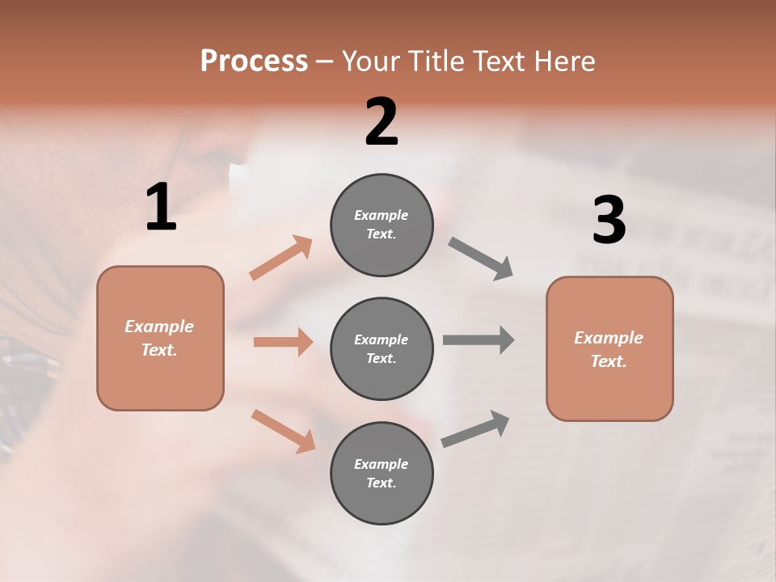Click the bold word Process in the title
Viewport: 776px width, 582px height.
[x=254, y=61]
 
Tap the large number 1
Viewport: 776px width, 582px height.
[x=161, y=208]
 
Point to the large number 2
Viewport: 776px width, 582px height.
[x=382, y=122]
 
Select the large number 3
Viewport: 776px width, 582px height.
[x=609, y=220]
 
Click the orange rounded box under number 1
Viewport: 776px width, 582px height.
[x=160, y=338]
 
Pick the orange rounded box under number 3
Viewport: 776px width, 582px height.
[x=609, y=348]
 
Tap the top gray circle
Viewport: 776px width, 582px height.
[x=382, y=225]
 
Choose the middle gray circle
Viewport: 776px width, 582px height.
[x=382, y=348]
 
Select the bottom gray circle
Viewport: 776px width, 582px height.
[x=382, y=473]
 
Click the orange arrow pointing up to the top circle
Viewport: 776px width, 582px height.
[x=281, y=258]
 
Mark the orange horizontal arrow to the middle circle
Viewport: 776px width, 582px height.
[x=283, y=342]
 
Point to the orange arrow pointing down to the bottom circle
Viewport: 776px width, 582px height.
[x=283, y=430]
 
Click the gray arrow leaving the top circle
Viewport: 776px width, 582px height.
[x=481, y=259]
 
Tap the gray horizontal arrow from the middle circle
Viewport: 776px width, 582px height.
[x=479, y=339]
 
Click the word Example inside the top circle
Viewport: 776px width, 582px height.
[x=381, y=215]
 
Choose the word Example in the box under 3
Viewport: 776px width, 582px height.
[x=609, y=338]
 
